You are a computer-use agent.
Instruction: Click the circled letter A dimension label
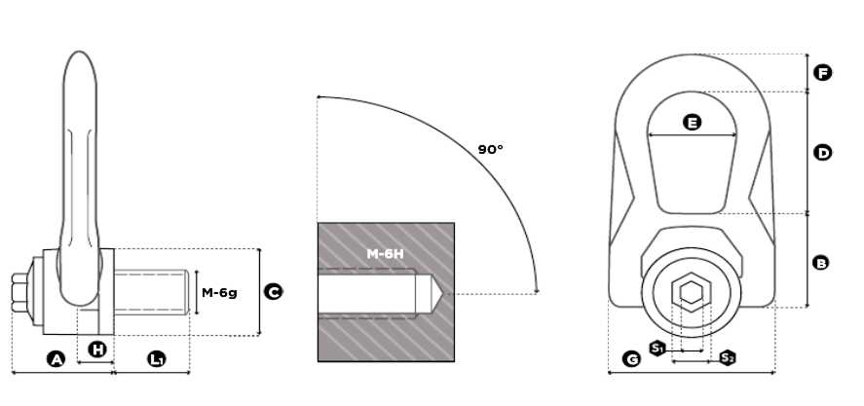pyautogui.click(x=56, y=359)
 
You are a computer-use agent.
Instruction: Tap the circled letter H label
pyautogui.click(x=97, y=350)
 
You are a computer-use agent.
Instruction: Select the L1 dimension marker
pyautogui.click(x=157, y=359)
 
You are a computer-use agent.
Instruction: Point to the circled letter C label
pyautogui.click(x=274, y=292)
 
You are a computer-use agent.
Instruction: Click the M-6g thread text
pyautogui.click(x=219, y=292)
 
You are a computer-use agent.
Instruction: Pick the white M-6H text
pyautogui.click(x=385, y=254)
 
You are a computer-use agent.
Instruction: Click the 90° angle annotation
pyautogui.click(x=490, y=149)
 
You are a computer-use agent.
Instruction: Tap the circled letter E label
pyautogui.click(x=693, y=123)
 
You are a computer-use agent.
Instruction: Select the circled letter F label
pyautogui.click(x=823, y=73)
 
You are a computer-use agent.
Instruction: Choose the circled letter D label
pyautogui.click(x=823, y=153)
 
